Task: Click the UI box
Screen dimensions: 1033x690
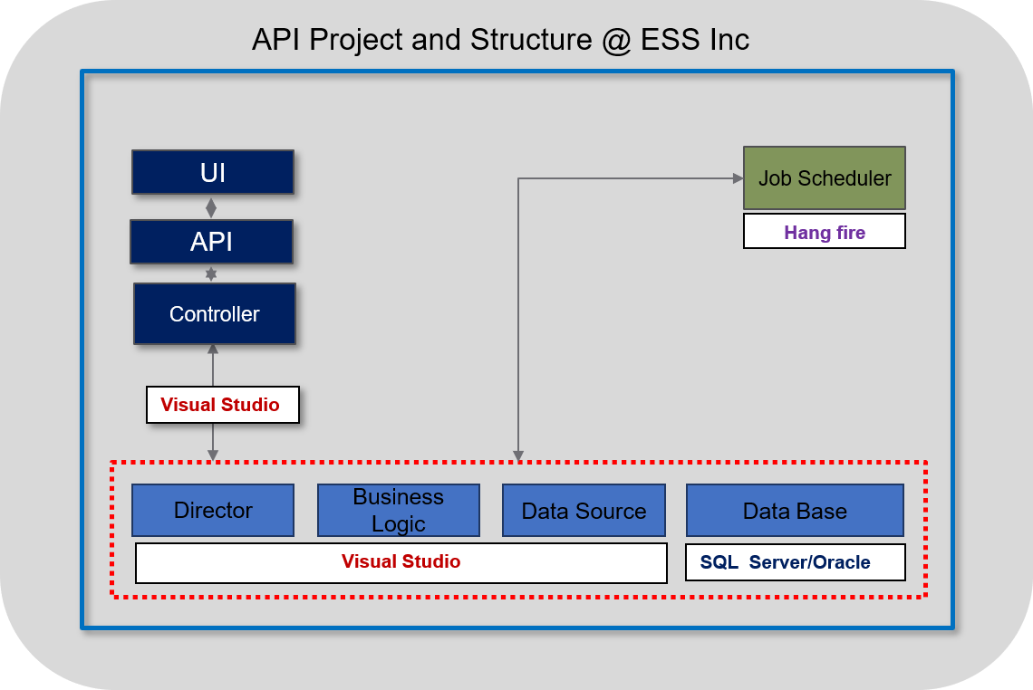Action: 213,172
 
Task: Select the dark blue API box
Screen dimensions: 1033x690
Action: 211,242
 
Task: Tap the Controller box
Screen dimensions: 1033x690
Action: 215,313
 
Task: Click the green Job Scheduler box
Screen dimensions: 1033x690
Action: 825,177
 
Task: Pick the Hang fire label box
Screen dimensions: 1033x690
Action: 825,231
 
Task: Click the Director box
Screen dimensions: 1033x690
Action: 213,511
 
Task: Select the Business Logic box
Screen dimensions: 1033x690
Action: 399,511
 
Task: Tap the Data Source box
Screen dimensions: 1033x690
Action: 584,511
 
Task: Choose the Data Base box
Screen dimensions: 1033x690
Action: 796,511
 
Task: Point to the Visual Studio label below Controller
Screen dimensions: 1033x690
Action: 223,404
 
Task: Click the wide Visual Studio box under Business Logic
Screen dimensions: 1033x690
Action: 401,563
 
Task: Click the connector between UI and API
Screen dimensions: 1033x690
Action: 211,208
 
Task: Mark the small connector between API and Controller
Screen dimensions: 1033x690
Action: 211,273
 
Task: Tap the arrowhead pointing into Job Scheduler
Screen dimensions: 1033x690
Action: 738,177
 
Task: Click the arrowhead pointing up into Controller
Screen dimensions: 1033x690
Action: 213,349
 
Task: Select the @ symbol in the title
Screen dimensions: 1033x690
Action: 617,40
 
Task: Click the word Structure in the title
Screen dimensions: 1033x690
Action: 531,40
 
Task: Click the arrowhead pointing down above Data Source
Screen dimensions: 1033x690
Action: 518,455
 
